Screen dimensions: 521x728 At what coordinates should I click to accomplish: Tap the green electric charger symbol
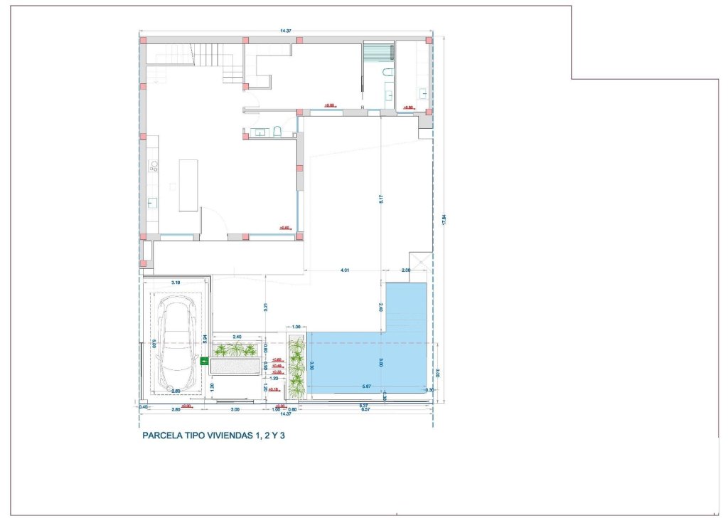click(204, 362)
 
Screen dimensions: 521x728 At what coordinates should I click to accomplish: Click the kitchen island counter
click(188, 185)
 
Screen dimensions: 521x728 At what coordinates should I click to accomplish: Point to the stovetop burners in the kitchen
click(153, 167)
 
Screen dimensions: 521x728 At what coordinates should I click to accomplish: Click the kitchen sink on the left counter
click(151, 202)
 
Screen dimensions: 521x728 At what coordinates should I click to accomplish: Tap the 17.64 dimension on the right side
click(444, 221)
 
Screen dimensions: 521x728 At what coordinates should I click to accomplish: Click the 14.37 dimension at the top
click(287, 31)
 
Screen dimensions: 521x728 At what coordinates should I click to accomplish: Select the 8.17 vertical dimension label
click(382, 200)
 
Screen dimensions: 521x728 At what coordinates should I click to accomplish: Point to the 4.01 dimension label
click(345, 270)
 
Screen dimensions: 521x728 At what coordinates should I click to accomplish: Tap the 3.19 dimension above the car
click(176, 283)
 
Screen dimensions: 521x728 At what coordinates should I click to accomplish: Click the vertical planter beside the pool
click(296, 367)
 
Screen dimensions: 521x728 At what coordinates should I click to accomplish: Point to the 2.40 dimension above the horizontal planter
click(237, 336)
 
